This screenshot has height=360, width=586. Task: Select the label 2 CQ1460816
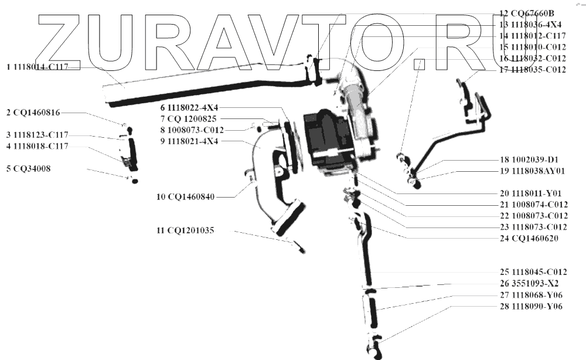click(x=33, y=112)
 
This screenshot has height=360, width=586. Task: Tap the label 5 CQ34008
click(x=28, y=169)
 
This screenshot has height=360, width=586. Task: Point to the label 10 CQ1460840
click(x=186, y=197)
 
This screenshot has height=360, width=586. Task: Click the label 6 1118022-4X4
click(x=188, y=108)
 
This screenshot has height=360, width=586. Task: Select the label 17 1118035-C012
click(x=533, y=70)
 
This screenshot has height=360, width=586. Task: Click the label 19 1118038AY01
click(x=533, y=171)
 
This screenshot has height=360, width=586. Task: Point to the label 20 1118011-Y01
click(x=530, y=193)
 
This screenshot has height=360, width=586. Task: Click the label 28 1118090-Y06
click(x=531, y=306)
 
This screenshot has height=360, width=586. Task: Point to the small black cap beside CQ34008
click(x=135, y=182)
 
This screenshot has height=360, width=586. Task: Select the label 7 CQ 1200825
click(x=188, y=119)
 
